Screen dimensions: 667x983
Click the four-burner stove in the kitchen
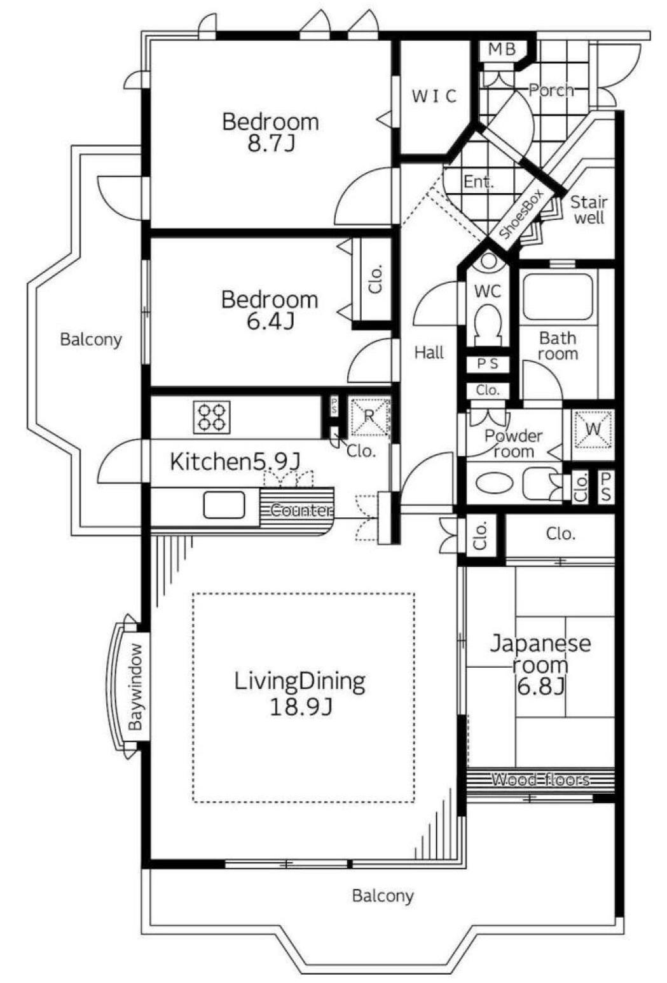coord(212,417)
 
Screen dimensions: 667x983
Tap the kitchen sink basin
coord(224,505)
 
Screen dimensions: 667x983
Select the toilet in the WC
coord(488,324)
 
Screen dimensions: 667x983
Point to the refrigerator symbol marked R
coord(369,416)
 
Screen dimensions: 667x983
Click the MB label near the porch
coord(502,50)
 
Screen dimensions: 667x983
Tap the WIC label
coord(434,96)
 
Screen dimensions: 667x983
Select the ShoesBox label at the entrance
coord(521,215)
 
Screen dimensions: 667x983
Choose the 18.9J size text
coord(300,707)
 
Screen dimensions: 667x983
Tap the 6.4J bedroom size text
coord(270,322)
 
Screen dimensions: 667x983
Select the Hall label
coord(429,353)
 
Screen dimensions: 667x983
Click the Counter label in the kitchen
coord(300,510)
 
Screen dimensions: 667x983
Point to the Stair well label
coord(588,210)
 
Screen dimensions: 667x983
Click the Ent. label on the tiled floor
coord(478,181)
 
